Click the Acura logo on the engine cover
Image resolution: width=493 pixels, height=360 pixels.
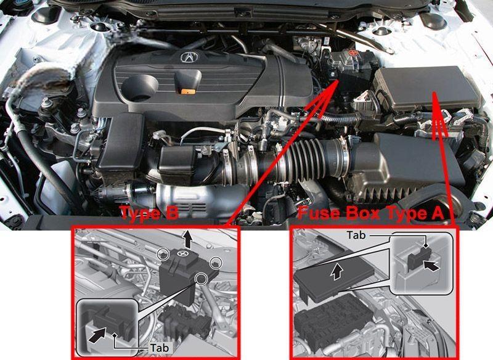[x=190, y=57]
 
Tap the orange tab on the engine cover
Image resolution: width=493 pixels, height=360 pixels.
[x=189, y=91]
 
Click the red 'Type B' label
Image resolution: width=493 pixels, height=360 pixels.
[x=150, y=213]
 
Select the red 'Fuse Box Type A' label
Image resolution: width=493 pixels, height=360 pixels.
[x=371, y=213]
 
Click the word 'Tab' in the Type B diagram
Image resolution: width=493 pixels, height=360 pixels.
[x=160, y=348]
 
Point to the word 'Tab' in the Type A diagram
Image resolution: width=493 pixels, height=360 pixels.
[x=356, y=235]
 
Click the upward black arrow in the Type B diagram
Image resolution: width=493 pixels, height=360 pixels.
[x=188, y=239]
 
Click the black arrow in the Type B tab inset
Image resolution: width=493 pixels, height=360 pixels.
[x=97, y=335]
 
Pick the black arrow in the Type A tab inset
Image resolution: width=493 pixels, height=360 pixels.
[x=430, y=266]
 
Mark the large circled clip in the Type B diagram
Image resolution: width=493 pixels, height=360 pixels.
[x=201, y=278]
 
